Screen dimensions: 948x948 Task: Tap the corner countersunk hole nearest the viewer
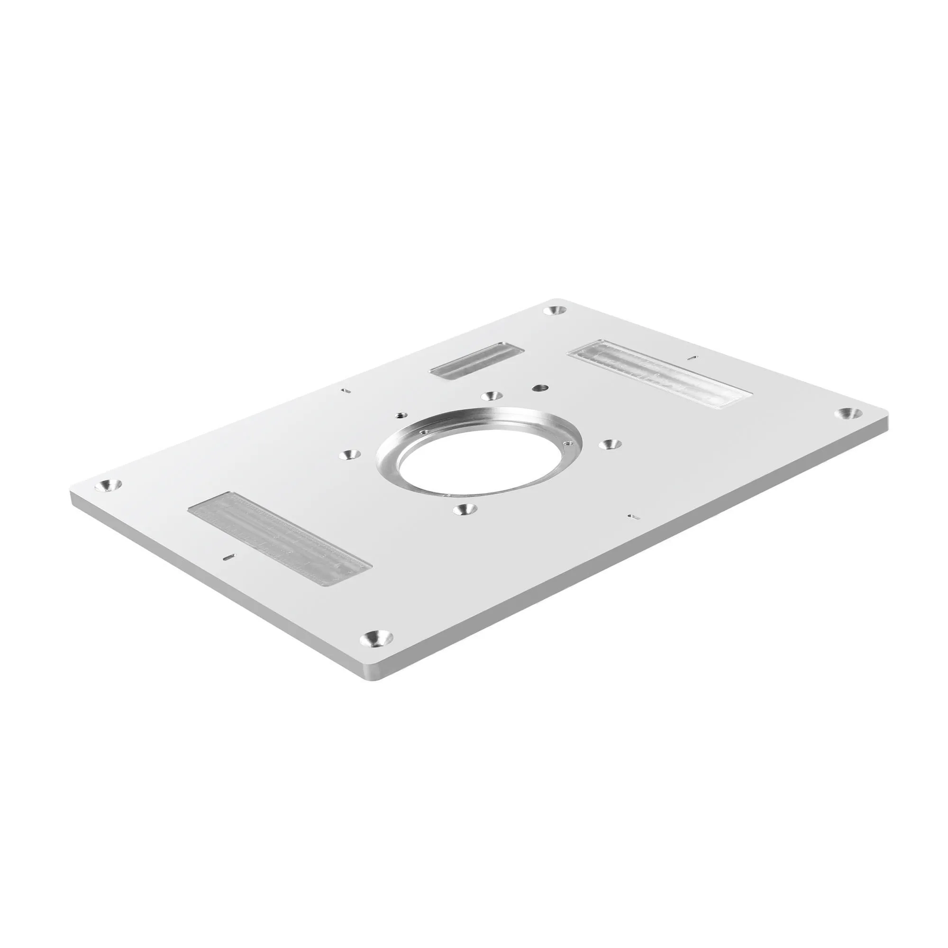tap(376, 639)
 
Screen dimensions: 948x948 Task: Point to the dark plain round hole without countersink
tap(541, 387)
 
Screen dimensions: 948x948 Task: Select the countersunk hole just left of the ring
tap(349, 455)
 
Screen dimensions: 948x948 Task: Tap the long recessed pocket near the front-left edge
tap(280, 538)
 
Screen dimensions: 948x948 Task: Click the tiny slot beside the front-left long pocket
tap(228, 557)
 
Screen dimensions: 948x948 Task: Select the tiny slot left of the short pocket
tap(346, 391)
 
